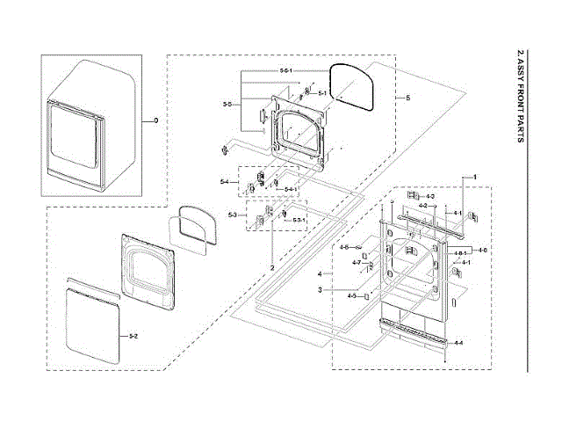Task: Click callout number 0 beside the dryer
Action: [x=157, y=120]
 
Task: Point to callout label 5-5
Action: [x=227, y=105]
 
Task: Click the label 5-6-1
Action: [x=286, y=69]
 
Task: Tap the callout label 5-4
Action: [x=225, y=182]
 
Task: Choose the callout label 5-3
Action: [x=233, y=215]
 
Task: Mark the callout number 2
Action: [x=272, y=266]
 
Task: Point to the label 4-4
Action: [x=458, y=341]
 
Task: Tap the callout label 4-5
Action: [x=351, y=296]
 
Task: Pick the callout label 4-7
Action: [x=357, y=263]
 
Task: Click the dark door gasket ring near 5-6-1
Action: [x=355, y=86]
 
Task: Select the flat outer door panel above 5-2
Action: [x=92, y=319]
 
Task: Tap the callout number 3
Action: [x=321, y=289]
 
